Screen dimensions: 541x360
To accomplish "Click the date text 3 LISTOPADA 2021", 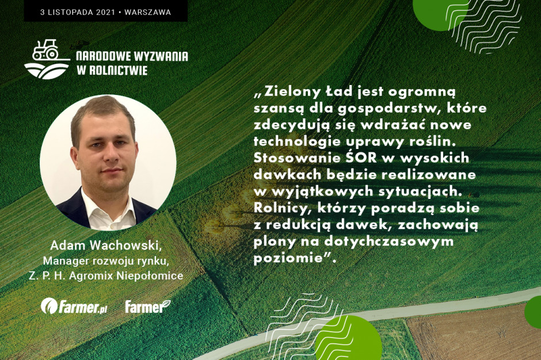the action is click(x=78, y=12).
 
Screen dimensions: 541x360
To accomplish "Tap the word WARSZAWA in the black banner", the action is click(x=148, y=12).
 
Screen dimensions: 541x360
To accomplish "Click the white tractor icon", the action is click(x=46, y=50).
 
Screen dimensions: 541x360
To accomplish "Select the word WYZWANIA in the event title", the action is click(x=161, y=56).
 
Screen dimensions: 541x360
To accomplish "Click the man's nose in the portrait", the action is click(x=112, y=155).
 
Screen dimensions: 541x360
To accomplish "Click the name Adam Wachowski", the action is click(x=106, y=245).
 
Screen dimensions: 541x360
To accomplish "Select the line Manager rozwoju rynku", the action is click(x=106, y=261).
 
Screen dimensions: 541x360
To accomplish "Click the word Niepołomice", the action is click(x=150, y=276).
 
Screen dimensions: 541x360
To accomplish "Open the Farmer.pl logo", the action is click(x=74, y=306).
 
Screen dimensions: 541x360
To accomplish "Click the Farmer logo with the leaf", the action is click(x=148, y=307).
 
